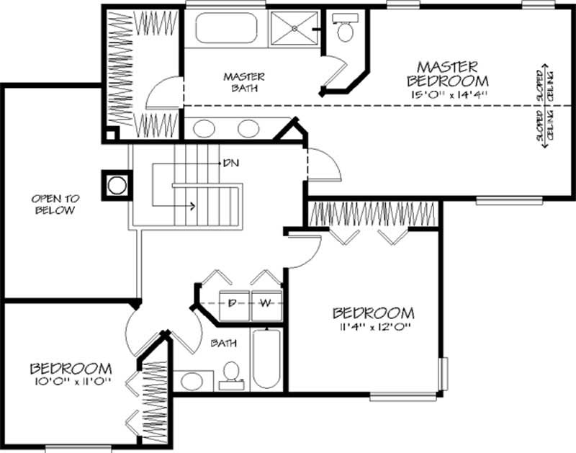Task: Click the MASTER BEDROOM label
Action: (447, 72)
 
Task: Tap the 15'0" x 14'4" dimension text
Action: (447, 94)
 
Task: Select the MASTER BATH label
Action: (244, 82)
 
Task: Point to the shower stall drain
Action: (295, 29)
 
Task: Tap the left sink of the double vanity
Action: (204, 129)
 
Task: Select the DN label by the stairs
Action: (231, 163)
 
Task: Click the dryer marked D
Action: (233, 303)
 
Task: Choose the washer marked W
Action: (265, 303)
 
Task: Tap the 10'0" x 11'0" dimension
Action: (71, 382)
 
